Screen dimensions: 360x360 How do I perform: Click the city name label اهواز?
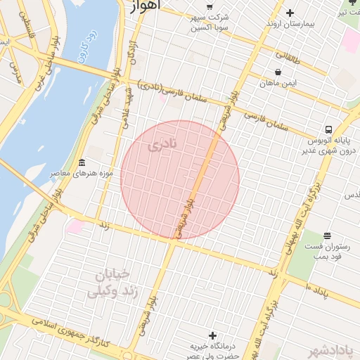(146, 6)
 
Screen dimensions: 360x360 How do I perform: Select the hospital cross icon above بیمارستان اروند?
(290, 13)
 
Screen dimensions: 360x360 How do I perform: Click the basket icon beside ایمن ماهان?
(278, 72)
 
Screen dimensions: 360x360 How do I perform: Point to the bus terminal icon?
(328, 129)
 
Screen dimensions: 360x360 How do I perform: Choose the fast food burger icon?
(328, 236)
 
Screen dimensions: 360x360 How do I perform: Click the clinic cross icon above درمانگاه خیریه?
(212, 336)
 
